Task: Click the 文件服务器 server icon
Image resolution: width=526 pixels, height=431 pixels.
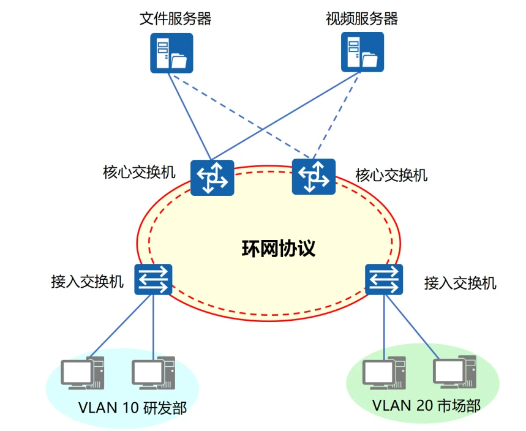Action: [171, 53]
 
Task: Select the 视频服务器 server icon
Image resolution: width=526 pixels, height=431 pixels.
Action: [362, 53]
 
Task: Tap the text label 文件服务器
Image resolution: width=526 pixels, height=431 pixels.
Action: [176, 19]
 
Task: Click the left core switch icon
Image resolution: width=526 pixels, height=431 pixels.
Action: [212, 178]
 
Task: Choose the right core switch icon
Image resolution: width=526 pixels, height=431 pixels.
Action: [314, 176]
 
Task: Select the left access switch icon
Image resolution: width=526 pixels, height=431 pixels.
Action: [153, 279]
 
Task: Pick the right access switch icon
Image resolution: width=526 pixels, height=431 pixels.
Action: [385, 279]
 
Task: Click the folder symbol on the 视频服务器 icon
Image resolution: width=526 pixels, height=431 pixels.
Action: [370, 60]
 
